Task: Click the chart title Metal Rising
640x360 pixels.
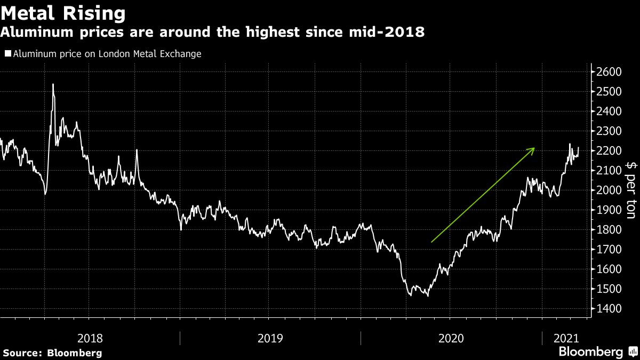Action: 63,12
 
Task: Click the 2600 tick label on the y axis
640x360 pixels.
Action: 608,72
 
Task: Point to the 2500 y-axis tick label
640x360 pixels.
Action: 608,92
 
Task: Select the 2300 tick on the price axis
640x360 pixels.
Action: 608,131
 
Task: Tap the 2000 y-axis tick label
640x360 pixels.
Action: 608,190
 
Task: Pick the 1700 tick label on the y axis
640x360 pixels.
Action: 608,250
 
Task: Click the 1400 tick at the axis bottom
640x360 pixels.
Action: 608,309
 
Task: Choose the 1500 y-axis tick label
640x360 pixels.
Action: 608,289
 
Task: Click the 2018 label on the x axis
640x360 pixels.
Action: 91,338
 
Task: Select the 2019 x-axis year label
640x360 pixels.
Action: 270,338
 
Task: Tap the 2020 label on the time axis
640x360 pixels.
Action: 451,338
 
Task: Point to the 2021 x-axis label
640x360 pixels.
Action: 565,338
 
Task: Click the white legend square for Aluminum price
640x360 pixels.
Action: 7,54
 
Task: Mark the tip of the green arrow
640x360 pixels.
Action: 534,148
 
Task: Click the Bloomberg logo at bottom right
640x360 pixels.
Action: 591,351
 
